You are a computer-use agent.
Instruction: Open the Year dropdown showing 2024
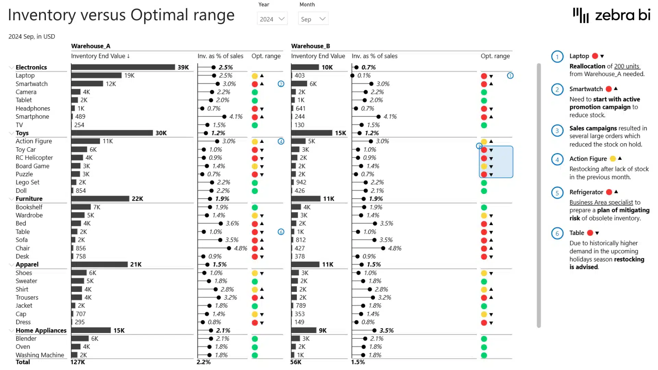pos(272,19)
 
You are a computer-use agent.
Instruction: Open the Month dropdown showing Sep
pos(313,19)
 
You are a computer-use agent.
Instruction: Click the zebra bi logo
pos(611,15)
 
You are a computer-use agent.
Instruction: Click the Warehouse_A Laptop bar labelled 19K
pos(96,75)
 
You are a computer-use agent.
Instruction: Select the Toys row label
pos(22,133)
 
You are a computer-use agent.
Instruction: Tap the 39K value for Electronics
pos(183,67)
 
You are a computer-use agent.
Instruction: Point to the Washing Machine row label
pos(40,355)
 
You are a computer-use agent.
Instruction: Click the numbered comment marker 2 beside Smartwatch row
pos(281,84)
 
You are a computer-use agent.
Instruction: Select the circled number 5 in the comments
pos(557,193)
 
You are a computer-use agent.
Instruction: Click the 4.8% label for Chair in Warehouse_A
pos(241,248)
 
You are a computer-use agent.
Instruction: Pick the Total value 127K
pos(78,362)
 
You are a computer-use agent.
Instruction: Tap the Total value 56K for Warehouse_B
pos(296,362)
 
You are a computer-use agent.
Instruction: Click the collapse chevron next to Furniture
pos(11,199)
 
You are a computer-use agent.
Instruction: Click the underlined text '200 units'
pos(627,66)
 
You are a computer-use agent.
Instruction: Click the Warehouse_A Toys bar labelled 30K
pos(112,133)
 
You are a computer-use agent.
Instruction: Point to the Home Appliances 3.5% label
pos(387,330)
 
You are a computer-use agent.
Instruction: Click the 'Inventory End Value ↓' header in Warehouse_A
pos(100,56)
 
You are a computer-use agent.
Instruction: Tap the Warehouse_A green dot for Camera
pos(255,92)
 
